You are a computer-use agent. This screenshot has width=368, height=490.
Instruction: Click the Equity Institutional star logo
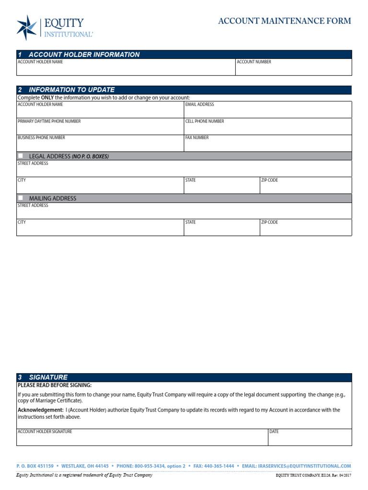(27, 27)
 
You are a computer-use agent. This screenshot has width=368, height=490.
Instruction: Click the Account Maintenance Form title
(285, 21)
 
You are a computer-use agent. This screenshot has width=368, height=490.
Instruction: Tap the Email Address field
(268, 111)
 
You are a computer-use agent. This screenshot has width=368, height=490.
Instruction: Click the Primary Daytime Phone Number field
(100, 128)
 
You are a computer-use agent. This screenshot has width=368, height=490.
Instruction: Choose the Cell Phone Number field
(268, 128)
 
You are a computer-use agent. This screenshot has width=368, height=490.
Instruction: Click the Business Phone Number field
(100, 145)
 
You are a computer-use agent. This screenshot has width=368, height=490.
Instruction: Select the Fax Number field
(268, 145)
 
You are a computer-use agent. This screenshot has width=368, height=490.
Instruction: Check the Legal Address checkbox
(21, 156)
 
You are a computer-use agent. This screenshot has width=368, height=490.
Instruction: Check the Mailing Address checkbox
(21, 198)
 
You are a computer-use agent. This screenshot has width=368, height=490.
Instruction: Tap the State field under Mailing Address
(221, 229)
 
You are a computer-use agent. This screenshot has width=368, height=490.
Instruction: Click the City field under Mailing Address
(100, 229)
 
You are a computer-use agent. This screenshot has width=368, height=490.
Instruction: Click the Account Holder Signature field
(142, 439)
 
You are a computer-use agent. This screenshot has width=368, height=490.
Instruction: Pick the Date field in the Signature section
(310, 439)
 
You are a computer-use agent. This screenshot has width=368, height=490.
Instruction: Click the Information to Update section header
(71, 90)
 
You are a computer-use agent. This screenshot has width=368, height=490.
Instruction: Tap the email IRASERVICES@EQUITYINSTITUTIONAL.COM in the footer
(304, 466)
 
